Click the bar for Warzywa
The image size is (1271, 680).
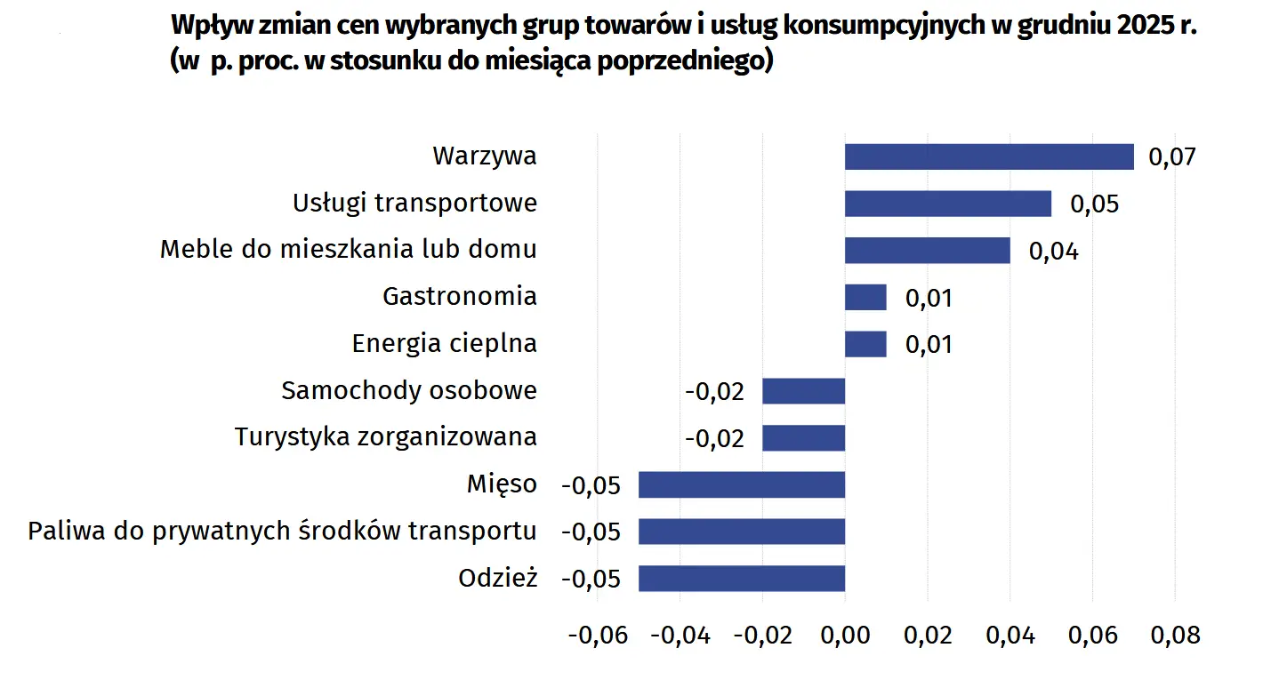[x=989, y=156]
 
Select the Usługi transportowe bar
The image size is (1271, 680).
[x=947, y=204]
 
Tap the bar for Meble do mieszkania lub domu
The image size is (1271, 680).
[x=927, y=250]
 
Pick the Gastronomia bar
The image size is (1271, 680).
[x=865, y=297]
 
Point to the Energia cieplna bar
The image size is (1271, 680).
[x=865, y=344]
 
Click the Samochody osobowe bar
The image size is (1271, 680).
[x=803, y=390]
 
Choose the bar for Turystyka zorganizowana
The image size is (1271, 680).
[x=803, y=437]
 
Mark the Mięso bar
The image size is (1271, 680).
[x=742, y=484]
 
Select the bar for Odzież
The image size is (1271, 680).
[x=742, y=579]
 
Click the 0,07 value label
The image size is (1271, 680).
[x=1172, y=157]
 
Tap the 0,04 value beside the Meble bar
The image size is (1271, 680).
[x=1053, y=252]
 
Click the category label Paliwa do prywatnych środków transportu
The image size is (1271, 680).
[x=282, y=532]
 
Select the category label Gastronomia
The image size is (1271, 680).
[x=459, y=296]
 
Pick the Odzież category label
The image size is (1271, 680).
[x=498, y=578]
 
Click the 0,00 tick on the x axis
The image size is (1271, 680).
[x=845, y=636]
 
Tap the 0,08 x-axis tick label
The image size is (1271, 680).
[x=1175, y=636]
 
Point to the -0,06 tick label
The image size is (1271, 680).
[x=597, y=636]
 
